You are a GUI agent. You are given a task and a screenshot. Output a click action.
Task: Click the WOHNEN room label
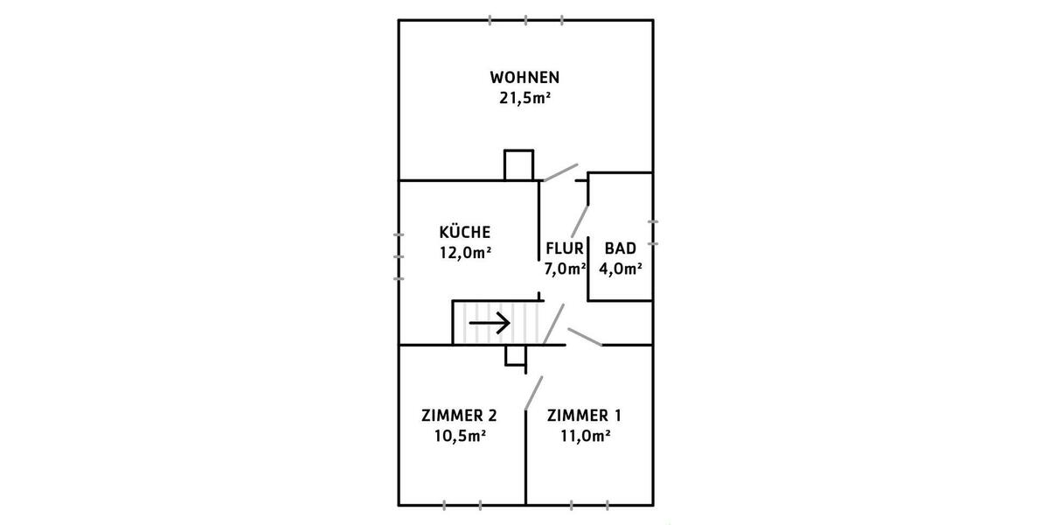[524, 76]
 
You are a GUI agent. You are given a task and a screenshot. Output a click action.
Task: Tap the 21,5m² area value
[524, 98]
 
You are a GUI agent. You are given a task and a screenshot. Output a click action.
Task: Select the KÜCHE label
[465, 232]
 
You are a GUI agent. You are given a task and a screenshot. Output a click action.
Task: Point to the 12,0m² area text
[465, 253]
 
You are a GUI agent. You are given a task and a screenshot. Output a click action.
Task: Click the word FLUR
[564, 248]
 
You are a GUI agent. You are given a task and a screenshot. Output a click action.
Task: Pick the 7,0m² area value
[564, 269]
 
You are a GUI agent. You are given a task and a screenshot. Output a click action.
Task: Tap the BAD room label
[620, 248]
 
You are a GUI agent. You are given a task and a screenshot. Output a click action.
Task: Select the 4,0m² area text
[620, 269]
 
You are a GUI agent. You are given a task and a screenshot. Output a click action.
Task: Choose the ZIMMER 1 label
[578, 414]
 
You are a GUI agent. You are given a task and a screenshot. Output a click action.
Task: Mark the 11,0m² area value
[578, 435]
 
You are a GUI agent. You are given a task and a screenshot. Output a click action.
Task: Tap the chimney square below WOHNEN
[518, 164]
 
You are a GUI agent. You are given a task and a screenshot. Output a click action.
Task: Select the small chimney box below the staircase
[516, 353]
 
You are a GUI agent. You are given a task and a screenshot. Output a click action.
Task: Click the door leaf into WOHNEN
[559, 171]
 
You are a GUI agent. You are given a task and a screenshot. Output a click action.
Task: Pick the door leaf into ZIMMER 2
[533, 393]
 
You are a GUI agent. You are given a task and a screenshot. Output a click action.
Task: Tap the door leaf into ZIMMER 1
[584, 337]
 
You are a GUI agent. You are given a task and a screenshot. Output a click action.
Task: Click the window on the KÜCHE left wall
[399, 256]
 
